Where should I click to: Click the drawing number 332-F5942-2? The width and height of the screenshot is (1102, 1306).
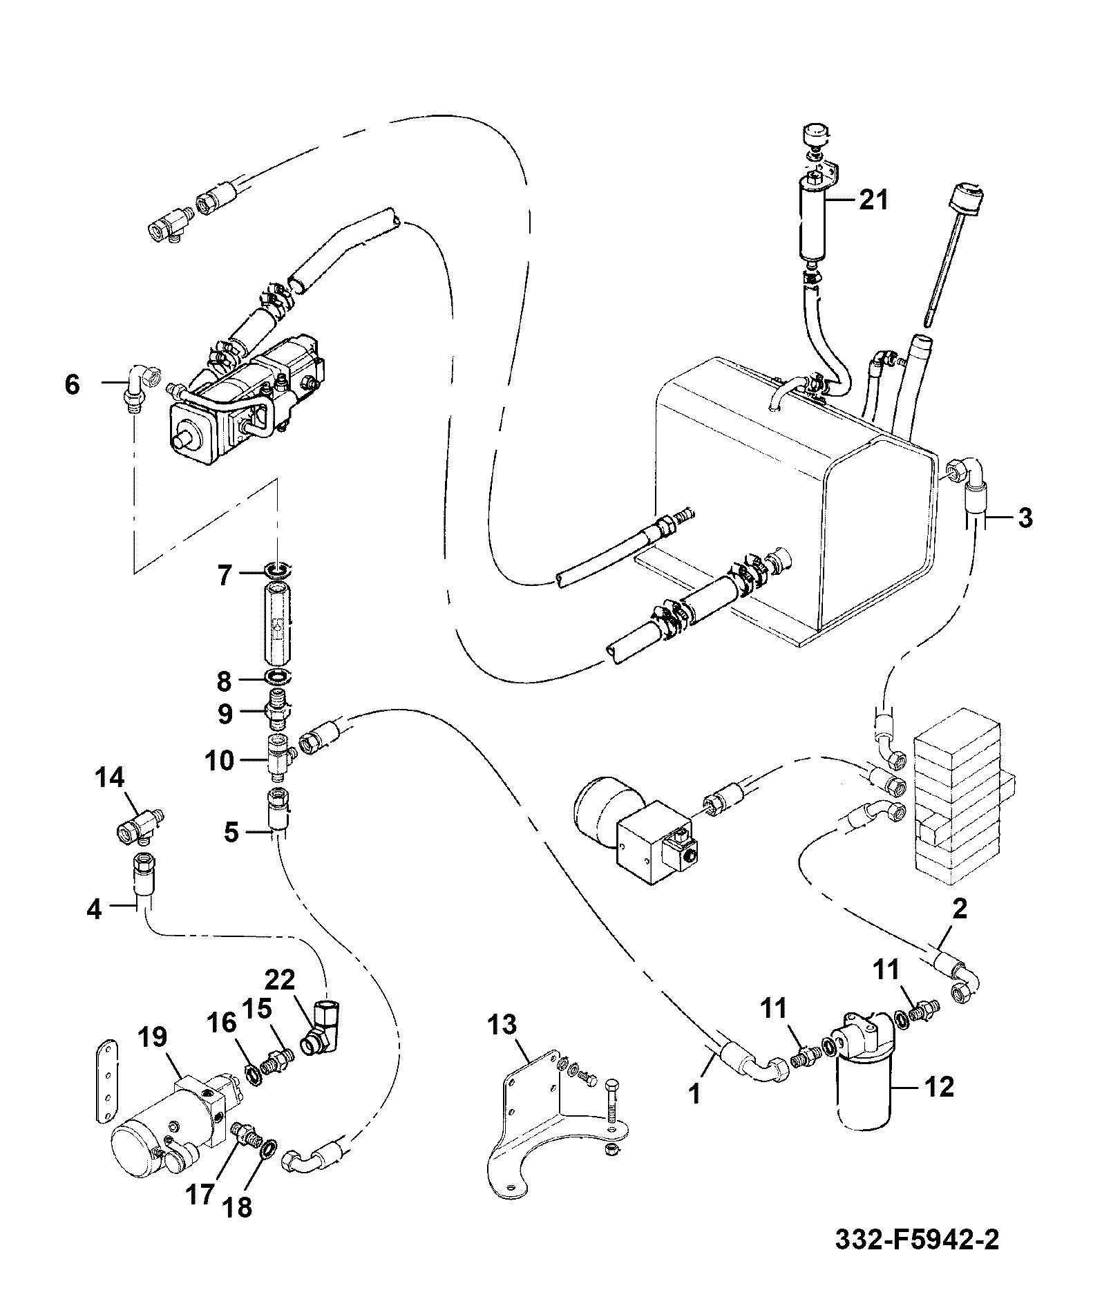click(x=917, y=1259)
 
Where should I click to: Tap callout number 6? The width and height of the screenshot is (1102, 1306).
click(x=73, y=384)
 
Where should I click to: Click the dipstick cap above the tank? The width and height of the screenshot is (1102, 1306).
click(x=966, y=195)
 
